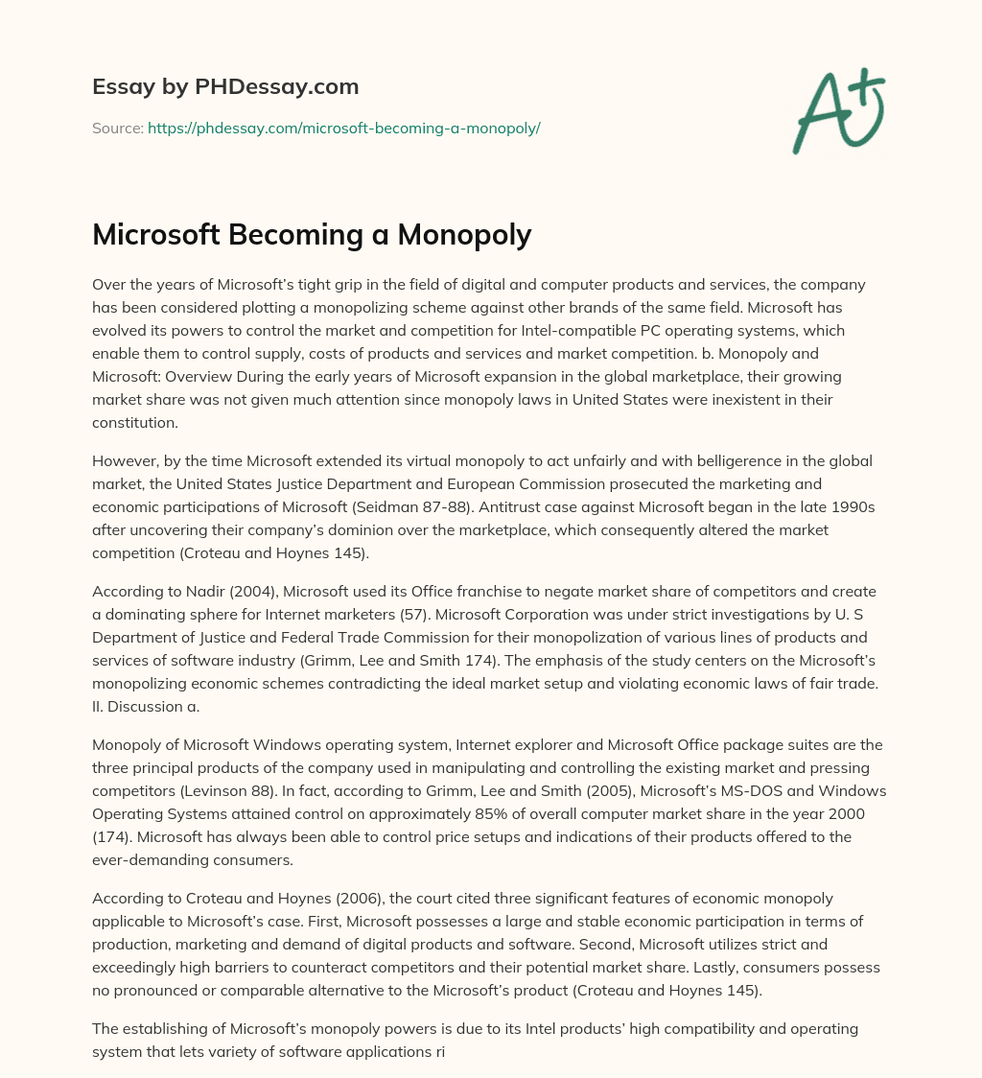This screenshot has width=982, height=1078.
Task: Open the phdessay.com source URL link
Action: tap(343, 128)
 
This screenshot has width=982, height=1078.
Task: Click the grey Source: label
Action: tap(118, 128)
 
